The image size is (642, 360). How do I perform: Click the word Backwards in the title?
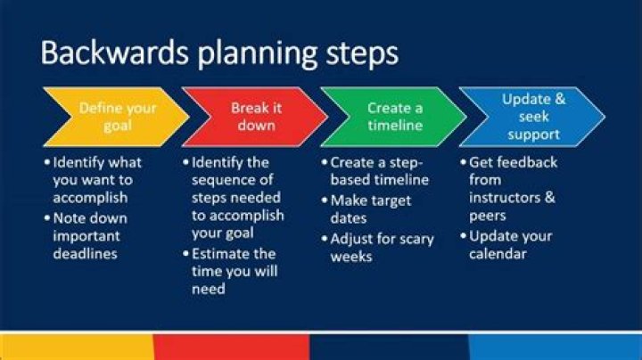click(x=115, y=53)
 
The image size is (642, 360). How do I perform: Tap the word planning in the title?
click(x=258, y=55)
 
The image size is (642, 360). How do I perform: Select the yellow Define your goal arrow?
click(x=116, y=117)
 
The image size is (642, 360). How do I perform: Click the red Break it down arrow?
click(x=255, y=117)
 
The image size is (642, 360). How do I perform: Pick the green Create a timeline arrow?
click(x=393, y=117)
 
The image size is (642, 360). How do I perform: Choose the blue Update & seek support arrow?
click(x=532, y=117)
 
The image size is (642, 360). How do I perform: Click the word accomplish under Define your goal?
click(x=90, y=198)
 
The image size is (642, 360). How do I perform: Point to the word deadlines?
click(x=86, y=254)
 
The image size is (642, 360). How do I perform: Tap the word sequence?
click(x=232, y=180)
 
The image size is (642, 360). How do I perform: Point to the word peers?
click(x=487, y=216)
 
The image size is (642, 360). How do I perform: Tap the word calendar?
click(x=498, y=254)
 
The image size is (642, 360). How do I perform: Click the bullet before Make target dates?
click(x=325, y=200)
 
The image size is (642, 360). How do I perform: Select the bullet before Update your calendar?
click(x=464, y=236)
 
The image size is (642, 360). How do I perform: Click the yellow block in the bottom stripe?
click(x=77, y=347)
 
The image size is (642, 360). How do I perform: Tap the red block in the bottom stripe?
click(x=232, y=347)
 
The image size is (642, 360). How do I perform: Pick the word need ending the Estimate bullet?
click(x=209, y=290)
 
